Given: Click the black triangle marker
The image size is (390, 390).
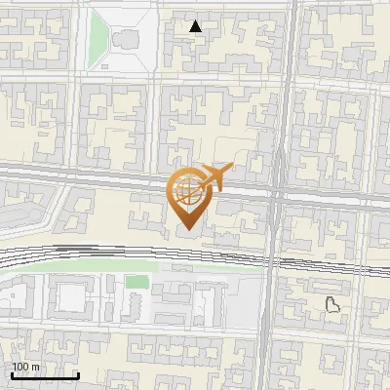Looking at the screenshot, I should click(x=197, y=26).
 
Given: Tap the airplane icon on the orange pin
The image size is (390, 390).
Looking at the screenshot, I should click(x=214, y=177).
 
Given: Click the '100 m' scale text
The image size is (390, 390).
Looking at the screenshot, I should click(x=26, y=367).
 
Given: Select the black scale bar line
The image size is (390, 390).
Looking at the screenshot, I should click(x=44, y=375).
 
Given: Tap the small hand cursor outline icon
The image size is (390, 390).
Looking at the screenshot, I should click(x=332, y=304).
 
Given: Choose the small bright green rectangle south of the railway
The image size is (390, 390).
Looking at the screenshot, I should click(x=137, y=282).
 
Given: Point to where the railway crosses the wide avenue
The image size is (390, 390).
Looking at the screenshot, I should click(x=273, y=258).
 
